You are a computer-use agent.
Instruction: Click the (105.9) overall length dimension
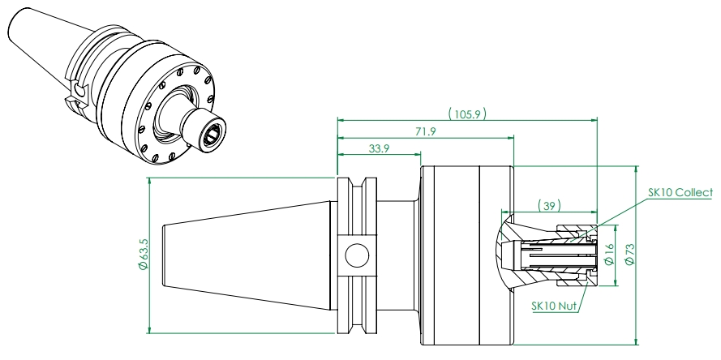point(467,114)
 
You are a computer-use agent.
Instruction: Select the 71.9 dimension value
point(425,131)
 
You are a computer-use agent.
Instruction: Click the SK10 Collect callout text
point(680,193)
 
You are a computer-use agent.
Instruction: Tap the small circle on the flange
point(356,256)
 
